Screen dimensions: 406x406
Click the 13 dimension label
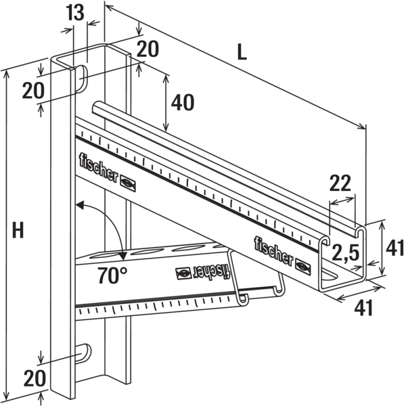point(76,12)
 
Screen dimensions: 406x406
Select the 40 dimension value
point(182,102)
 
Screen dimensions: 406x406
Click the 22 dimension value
point(341,183)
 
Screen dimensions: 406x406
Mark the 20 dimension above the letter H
point(32,90)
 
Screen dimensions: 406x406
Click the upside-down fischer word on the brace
point(212,271)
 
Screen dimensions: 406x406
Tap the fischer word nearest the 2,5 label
point(273,250)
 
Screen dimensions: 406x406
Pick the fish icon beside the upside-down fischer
point(183,273)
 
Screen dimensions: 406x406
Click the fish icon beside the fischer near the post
point(129,183)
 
